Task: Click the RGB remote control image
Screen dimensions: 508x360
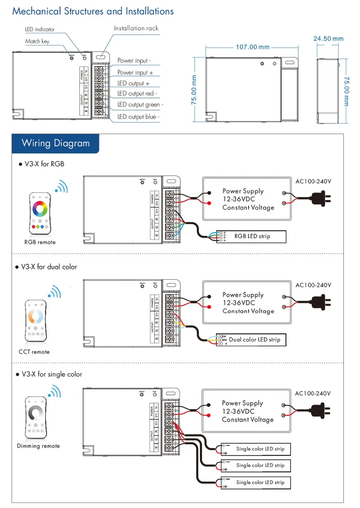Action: point(40,213)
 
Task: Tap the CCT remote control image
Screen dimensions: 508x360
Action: point(36,320)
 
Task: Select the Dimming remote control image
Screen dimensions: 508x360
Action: point(36,417)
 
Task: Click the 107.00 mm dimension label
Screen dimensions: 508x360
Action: point(252,47)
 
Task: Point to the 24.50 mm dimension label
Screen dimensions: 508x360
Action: point(328,38)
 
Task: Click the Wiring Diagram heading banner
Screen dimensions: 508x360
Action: point(55,143)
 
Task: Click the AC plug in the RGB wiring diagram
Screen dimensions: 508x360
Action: point(321,199)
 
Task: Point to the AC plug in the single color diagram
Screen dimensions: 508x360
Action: point(320,411)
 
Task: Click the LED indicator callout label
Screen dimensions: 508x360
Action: point(40,30)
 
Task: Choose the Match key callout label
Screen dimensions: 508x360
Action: point(37,41)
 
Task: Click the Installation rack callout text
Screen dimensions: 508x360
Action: point(136,28)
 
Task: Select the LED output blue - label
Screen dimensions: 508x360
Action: point(138,117)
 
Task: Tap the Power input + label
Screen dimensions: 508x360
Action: point(135,73)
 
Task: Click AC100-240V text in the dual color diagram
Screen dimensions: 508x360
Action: point(313,285)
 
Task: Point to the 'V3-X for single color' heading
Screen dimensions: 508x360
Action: point(52,374)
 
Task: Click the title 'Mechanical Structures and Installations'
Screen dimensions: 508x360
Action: point(93,11)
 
